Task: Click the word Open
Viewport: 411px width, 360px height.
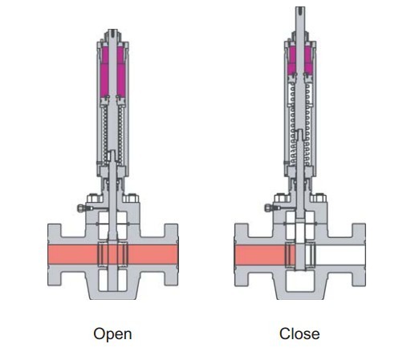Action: [x=112, y=334]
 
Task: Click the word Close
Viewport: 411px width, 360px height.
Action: [x=299, y=334]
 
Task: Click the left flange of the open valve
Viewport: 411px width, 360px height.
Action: [x=55, y=255]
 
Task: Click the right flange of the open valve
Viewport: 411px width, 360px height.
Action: [x=171, y=255]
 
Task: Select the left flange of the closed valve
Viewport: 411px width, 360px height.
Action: [x=242, y=255]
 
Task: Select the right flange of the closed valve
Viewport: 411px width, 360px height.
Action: [x=359, y=255]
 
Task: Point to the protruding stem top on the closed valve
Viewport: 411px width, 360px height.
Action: [x=300, y=18]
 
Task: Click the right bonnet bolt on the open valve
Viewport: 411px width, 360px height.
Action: [x=131, y=198]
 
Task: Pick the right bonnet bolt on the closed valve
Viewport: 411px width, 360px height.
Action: [x=318, y=198]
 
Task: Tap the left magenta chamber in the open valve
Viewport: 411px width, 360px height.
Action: [x=104, y=72]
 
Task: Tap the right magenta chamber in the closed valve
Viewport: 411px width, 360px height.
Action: [x=308, y=60]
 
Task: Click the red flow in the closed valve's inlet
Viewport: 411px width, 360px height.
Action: [x=259, y=255]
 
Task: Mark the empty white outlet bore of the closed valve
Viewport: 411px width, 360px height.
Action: [x=340, y=255]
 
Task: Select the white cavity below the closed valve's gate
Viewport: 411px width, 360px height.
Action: [x=300, y=281]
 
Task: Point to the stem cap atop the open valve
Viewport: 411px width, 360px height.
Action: [x=112, y=35]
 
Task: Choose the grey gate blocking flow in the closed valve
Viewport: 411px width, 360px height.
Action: [x=300, y=256]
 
